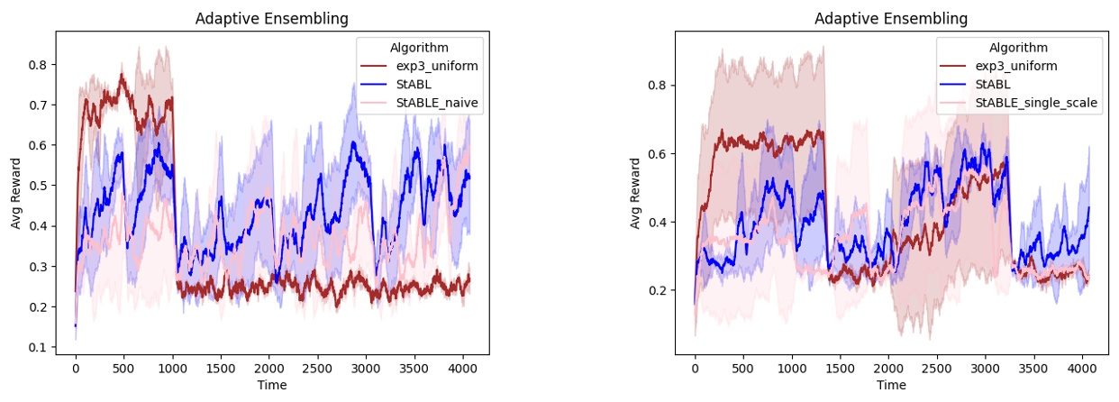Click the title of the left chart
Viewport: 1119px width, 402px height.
point(272,19)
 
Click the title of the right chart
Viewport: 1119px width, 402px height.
point(891,19)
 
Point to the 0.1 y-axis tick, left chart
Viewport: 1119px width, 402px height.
point(38,348)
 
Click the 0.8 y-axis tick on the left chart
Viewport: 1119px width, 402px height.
point(38,65)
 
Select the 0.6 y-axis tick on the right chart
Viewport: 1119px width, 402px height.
point(658,154)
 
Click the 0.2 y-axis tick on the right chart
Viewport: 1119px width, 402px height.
point(658,290)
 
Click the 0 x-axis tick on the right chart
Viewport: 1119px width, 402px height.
point(695,370)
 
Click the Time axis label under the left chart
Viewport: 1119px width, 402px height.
point(272,386)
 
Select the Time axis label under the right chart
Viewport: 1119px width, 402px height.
point(891,386)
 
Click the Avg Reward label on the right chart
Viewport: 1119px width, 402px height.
point(635,193)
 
